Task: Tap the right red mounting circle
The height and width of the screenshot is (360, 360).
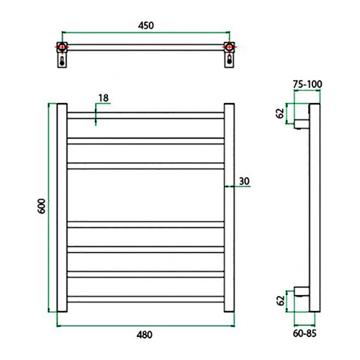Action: click(230, 48)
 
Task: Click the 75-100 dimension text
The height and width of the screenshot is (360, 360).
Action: click(308, 84)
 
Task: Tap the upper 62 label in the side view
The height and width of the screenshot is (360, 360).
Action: click(279, 114)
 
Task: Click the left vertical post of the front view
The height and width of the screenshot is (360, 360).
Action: click(61, 209)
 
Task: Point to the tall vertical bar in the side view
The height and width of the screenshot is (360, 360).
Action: click(314, 209)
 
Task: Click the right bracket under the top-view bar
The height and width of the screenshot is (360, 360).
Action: click(230, 61)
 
